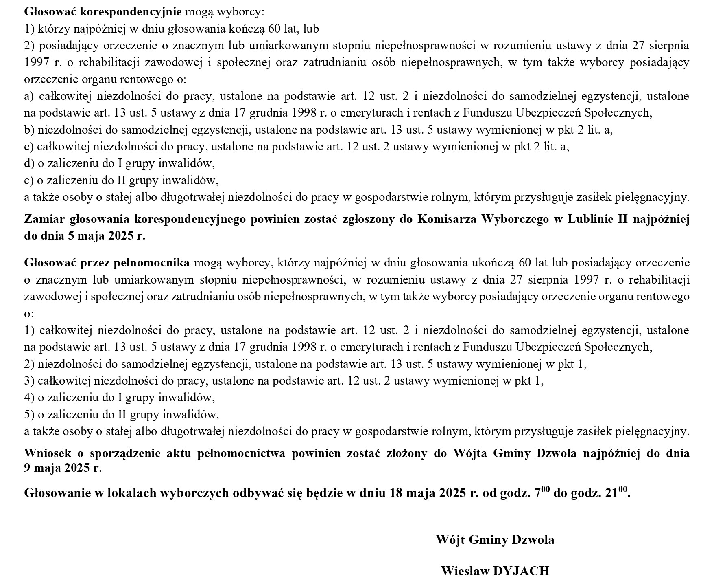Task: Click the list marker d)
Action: [x=29, y=163]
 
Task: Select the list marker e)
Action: [x=29, y=180]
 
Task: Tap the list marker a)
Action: [x=29, y=96]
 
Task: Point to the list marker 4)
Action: [x=29, y=397]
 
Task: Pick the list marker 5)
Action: [x=29, y=414]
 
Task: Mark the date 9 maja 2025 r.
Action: [x=63, y=468]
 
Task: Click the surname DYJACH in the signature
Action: [x=521, y=571]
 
